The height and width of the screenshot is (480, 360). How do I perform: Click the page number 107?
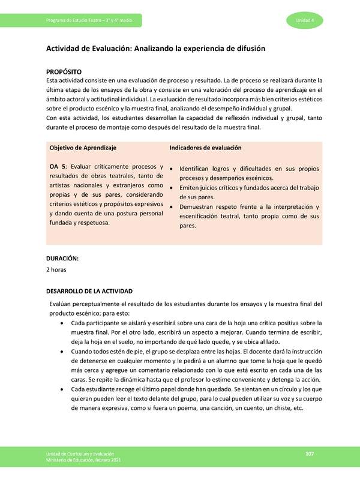tap(310, 453)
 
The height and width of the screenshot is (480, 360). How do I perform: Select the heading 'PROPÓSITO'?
tap(64, 71)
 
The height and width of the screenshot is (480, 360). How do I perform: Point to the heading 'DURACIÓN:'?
tap(63, 258)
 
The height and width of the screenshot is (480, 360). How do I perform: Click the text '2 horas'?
tap(57, 269)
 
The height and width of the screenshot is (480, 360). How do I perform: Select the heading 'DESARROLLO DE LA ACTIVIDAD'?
tap(94, 291)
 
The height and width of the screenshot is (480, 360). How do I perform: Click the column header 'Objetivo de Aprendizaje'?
tap(83, 148)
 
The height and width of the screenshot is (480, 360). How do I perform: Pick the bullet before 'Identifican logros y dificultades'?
tap(172, 169)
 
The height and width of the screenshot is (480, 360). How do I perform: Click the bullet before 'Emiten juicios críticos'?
tap(172, 188)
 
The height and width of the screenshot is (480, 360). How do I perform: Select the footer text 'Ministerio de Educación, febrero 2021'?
tap(83, 461)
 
